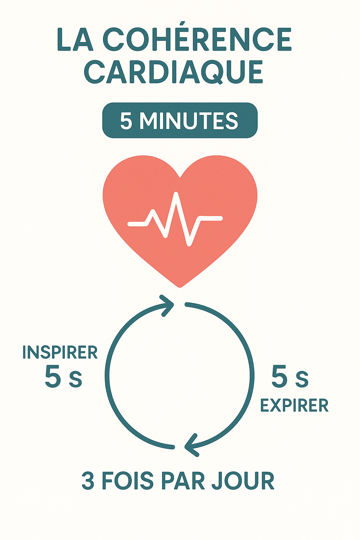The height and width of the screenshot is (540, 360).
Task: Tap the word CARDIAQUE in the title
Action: pyautogui.click(x=174, y=72)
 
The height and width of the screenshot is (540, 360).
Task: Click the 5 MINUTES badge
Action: pyautogui.click(x=180, y=121)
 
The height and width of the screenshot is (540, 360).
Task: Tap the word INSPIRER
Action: pyautogui.click(x=60, y=353)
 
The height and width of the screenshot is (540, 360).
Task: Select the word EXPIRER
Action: pyautogui.click(x=294, y=406)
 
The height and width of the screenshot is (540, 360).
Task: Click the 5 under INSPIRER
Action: pyautogui.click(x=53, y=377)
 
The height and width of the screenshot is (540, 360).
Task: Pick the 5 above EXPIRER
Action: pyautogui.click(x=279, y=377)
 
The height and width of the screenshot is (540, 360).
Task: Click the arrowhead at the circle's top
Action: pyautogui.click(x=167, y=305)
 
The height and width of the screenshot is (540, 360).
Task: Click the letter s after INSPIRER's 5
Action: pyautogui.click(x=75, y=380)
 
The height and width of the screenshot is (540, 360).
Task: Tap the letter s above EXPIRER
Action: pyautogui.click(x=302, y=380)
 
